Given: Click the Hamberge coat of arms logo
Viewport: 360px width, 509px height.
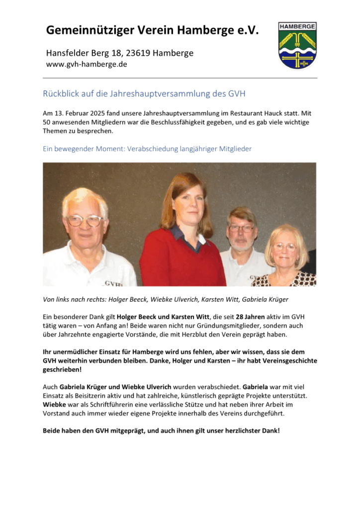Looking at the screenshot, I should [x=297, y=45].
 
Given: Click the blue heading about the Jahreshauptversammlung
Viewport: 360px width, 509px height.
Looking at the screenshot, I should [x=144, y=93].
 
